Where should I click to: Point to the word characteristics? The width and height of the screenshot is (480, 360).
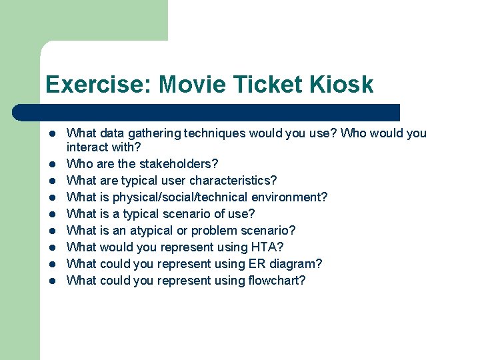point(231,180)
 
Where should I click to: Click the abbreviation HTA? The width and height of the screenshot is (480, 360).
point(269,247)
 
